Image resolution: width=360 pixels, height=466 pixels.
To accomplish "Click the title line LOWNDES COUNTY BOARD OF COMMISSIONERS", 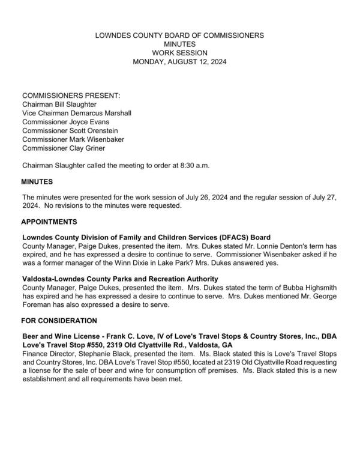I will pos(180,36).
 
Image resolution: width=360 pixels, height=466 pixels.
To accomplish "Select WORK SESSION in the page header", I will pos(180,53).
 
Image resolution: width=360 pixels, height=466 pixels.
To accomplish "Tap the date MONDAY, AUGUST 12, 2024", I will pos(180,61).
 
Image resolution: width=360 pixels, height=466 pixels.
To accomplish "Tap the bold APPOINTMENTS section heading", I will pos(49,222).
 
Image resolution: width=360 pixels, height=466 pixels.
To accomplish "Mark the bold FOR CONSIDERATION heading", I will pos(59,320).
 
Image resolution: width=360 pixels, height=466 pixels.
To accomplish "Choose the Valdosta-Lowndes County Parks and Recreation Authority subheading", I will pos(119,279).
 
